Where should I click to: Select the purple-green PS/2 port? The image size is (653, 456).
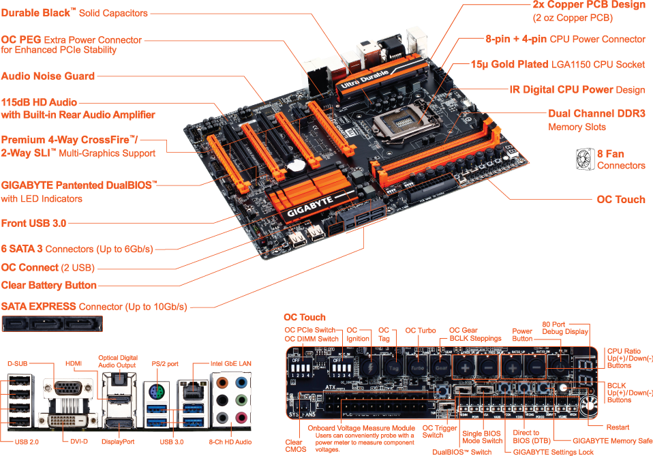pyautogui.click(x=155, y=391)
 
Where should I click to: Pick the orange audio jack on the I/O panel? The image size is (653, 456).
pyautogui.click(x=222, y=384)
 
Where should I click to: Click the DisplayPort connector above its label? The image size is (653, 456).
pyautogui.click(x=118, y=416)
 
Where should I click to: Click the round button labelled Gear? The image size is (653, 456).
pyautogui.click(x=443, y=366)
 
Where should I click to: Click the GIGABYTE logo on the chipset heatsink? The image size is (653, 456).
pyautogui.click(x=309, y=210)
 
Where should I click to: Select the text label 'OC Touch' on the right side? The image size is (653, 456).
pyautogui.click(x=620, y=199)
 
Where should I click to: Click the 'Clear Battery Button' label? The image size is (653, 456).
pyautogui.click(x=49, y=285)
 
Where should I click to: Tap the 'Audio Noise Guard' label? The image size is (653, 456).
pyautogui.click(x=48, y=76)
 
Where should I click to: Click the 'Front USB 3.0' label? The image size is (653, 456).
pyautogui.click(x=34, y=223)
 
